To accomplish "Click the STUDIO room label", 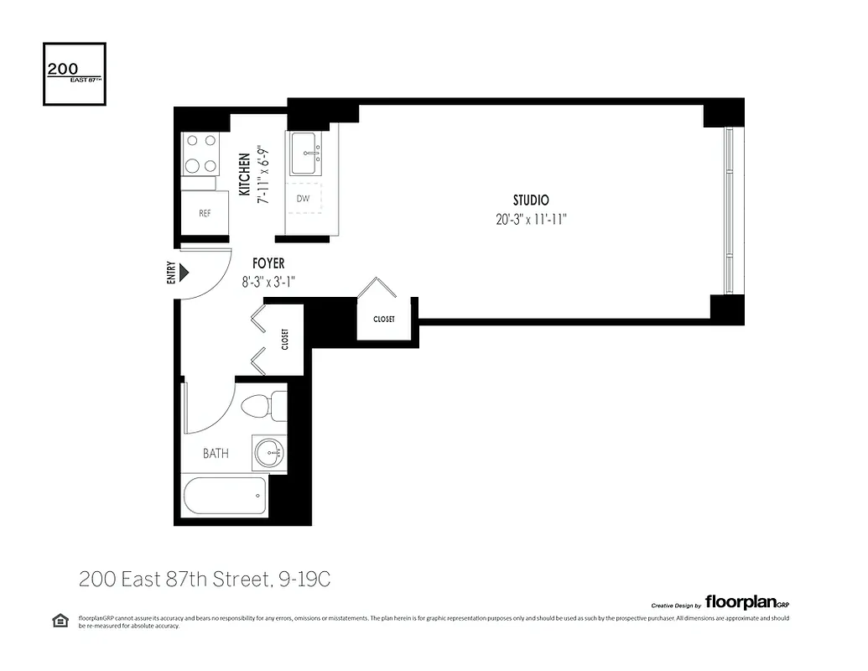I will point(531,200).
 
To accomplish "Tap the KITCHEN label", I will point(244,174).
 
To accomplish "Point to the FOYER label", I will point(268,263).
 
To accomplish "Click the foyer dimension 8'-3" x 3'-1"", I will point(269,282).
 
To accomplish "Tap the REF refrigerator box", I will point(205,213).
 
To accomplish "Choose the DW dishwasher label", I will point(302,200).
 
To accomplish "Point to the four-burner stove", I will point(200,153).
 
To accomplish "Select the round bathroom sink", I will point(268,453).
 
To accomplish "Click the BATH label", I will point(216,454).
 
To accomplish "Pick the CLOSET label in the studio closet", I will point(383,320).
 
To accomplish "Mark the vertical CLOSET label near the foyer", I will point(285,339).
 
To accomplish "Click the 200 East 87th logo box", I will point(75,74).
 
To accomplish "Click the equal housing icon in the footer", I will point(60,621).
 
